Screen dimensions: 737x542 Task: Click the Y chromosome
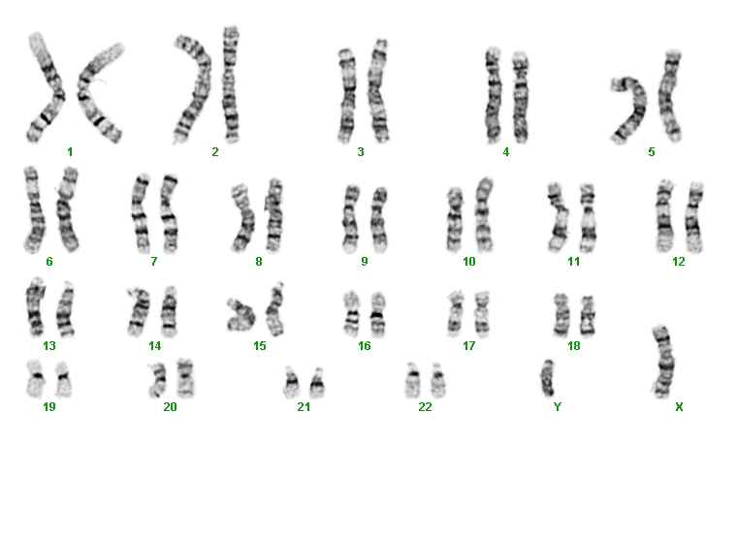548,378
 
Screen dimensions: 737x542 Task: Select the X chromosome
663,362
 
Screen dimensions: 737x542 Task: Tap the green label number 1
70,152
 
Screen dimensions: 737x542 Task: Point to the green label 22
425,406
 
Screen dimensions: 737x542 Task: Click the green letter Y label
558,406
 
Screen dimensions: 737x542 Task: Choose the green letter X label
679,406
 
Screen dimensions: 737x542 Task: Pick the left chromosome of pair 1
46,89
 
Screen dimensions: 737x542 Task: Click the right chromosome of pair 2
231,84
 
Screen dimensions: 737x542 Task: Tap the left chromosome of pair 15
240,314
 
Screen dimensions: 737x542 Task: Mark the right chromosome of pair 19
63,379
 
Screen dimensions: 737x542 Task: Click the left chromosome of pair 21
292,383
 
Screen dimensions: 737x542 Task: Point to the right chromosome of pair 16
377,314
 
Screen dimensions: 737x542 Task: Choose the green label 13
49,346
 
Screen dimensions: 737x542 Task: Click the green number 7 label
153,262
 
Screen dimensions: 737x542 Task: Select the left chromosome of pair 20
157,380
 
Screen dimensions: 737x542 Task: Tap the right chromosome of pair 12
693,217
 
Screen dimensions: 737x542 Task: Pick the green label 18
574,346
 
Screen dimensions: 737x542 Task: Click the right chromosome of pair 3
379,91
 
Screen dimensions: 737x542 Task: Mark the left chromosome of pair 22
412,380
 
